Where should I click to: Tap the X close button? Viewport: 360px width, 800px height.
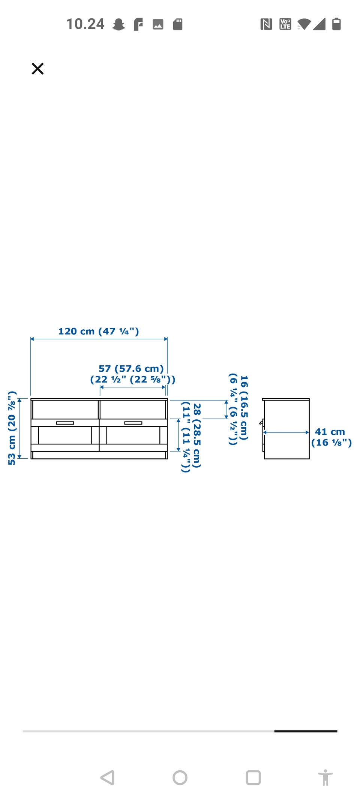[x=37, y=69]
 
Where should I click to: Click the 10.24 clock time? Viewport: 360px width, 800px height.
[x=85, y=24]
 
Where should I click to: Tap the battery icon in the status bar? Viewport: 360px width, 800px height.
[x=336, y=24]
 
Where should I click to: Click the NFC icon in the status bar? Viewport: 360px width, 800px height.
[x=266, y=24]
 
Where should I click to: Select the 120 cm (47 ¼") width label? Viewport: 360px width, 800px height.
[x=99, y=331]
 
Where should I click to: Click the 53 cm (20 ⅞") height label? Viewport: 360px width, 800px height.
[x=12, y=428]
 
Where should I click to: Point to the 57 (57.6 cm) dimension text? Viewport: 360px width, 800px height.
[x=131, y=369]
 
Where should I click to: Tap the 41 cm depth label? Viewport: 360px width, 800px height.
[x=330, y=432]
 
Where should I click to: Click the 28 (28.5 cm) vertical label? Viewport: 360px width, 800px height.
[x=197, y=435]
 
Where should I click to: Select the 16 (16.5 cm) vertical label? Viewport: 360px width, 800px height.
[x=244, y=408]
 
